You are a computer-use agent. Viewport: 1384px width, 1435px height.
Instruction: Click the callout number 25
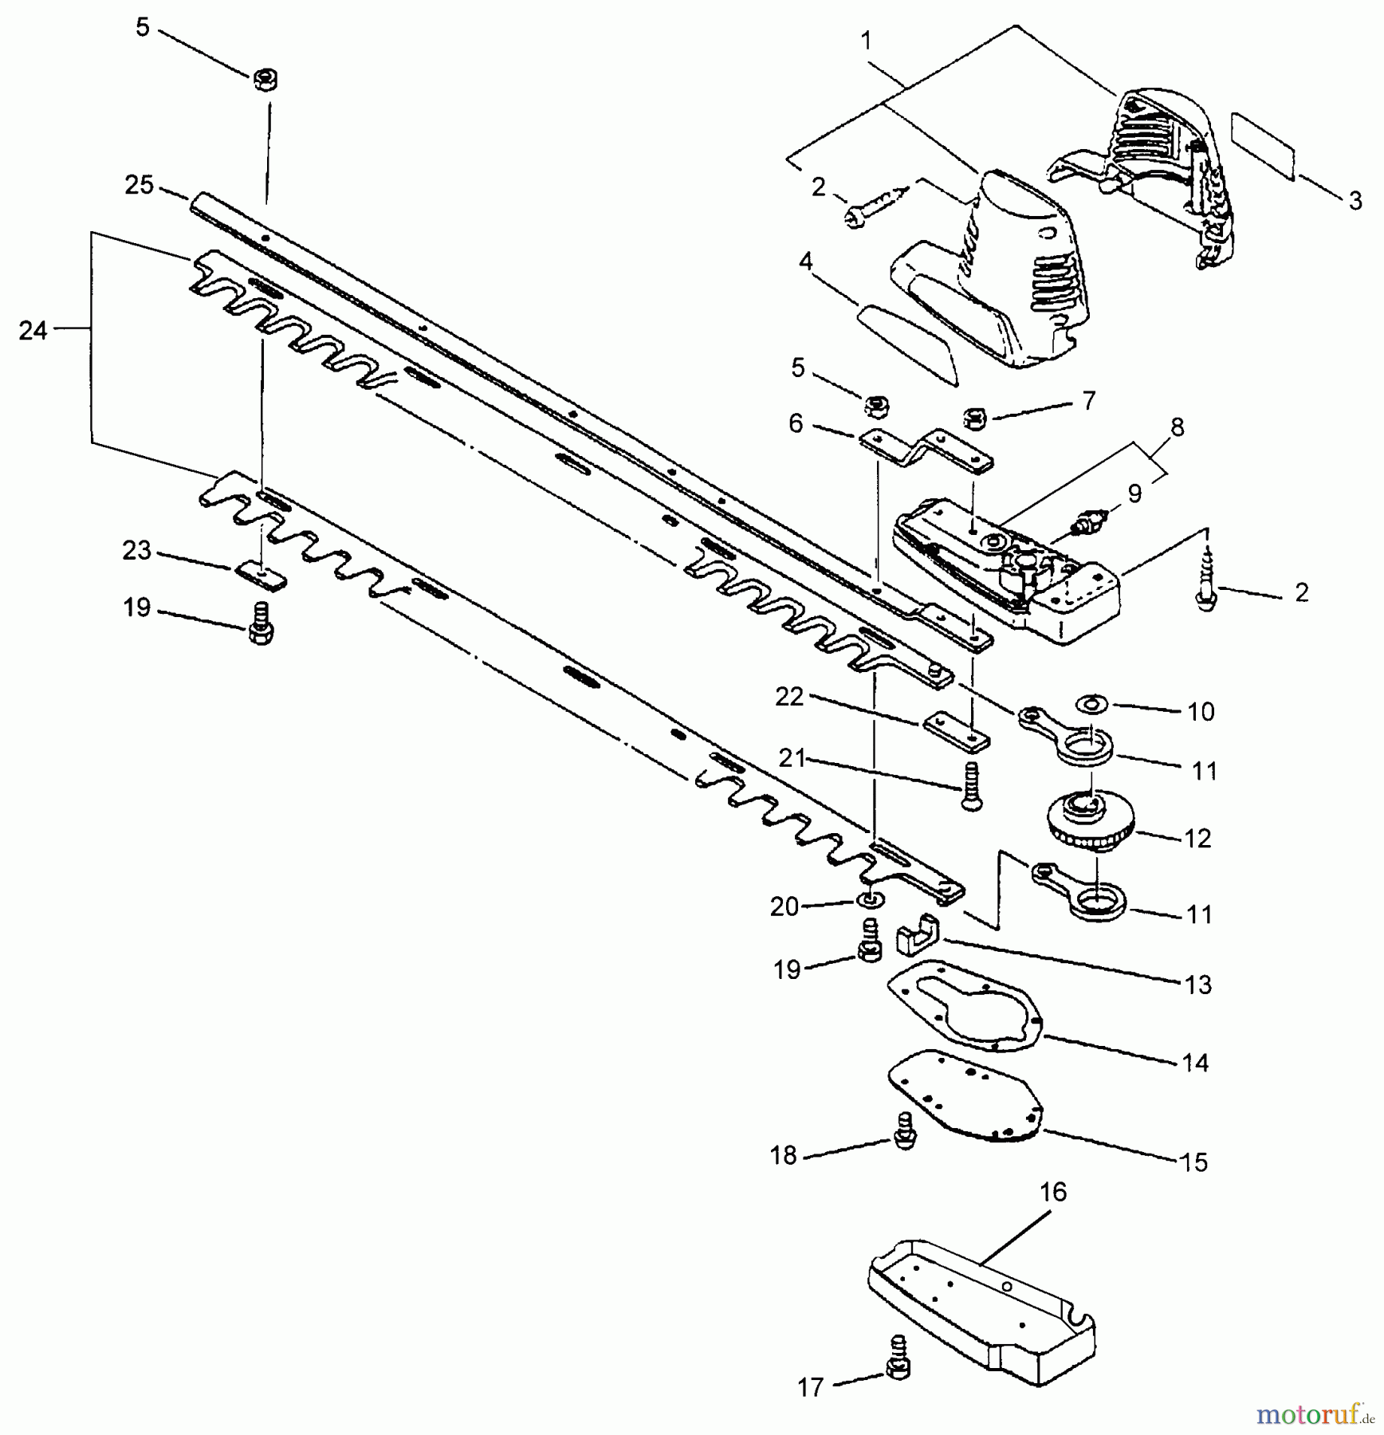(139, 185)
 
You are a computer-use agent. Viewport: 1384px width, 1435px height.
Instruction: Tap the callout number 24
(33, 330)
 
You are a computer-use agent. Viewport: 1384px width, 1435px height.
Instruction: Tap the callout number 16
(1052, 1193)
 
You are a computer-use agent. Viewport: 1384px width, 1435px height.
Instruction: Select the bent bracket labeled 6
(925, 448)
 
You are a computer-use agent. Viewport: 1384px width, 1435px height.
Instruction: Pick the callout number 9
(1134, 494)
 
